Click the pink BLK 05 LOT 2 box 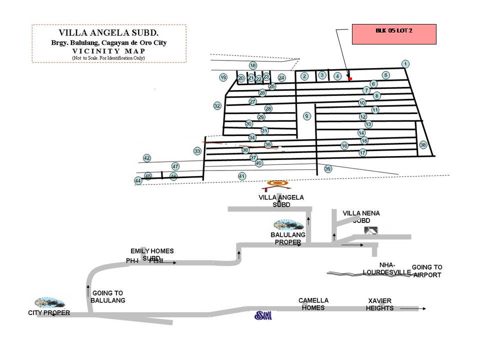[x=394, y=34]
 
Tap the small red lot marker [x=350, y=78]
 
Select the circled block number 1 [x=405, y=63]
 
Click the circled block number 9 [x=307, y=116]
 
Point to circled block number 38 [x=423, y=145]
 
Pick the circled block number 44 [x=138, y=180]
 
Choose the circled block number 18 [x=253, y=65]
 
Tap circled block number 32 [x=217, y=106]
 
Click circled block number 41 [x=242, y=176]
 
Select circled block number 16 [x=344, y=145]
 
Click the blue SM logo [x=263, y=315]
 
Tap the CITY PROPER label [x=49, y=313]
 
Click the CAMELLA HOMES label [x=313, y=304]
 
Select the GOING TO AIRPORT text [x=426, y=271]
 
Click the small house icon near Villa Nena [x=370, y=230]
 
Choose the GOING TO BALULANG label [x=107, y=297]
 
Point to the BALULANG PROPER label [x=286, y=238]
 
